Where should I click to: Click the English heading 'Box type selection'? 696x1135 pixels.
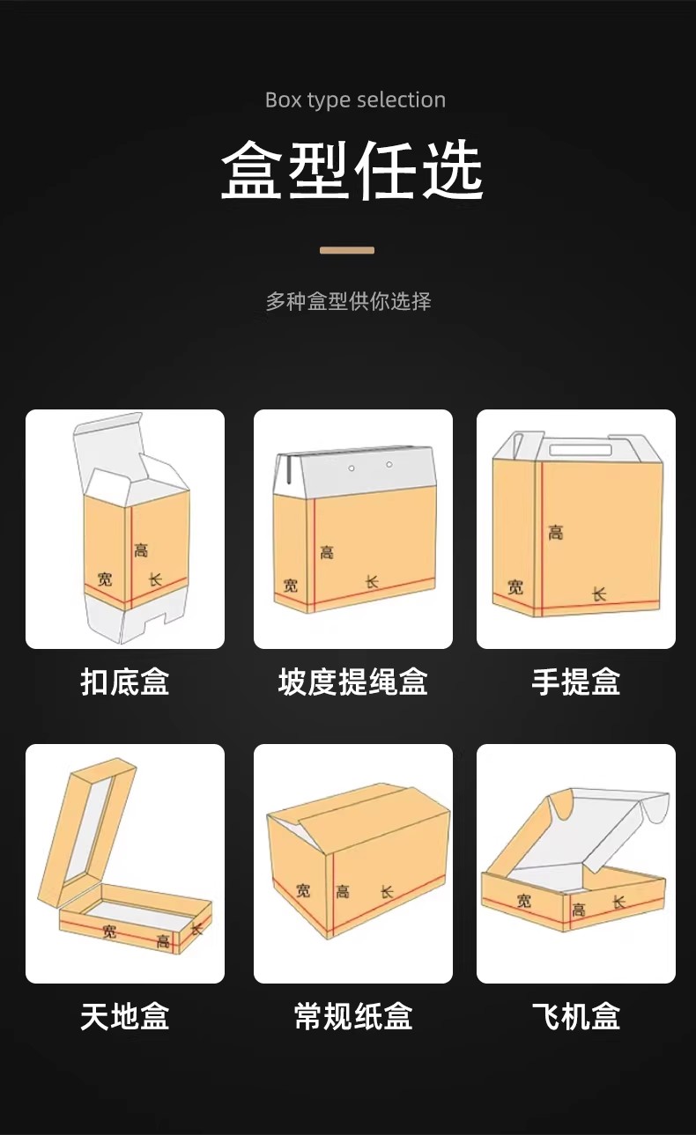[x=355, y=100]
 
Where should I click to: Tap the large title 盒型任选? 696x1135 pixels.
[x=352, y=170]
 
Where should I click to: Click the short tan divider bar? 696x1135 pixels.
[x=347, y=250]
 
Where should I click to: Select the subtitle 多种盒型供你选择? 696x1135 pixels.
[x=349, y=301]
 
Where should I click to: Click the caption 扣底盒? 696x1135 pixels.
[x=125, y=682]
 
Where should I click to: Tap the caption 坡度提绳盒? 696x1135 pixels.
[x=352, y=682]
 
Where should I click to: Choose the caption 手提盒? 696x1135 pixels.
[x=576, y=682]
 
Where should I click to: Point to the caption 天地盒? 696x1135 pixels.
[x=125, y=1016]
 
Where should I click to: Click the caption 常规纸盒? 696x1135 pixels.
[x=352, y=1016]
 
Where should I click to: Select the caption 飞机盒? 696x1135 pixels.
[x=576, y=1016]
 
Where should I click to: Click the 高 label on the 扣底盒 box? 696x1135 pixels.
[x=141, y=549]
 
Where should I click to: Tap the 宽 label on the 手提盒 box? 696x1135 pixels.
[x=515, y=587]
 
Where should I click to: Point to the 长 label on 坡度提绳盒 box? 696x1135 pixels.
[x=372, y=582]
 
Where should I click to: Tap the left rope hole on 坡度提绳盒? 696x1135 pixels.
[x=352, y=468]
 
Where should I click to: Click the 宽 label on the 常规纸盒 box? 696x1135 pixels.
[x=303, y=890]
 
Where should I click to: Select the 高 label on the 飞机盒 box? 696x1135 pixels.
[x=579, y=910]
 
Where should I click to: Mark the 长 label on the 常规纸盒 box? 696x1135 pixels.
[x=387, y=891]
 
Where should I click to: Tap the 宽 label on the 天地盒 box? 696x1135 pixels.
[x=108, y=931]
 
